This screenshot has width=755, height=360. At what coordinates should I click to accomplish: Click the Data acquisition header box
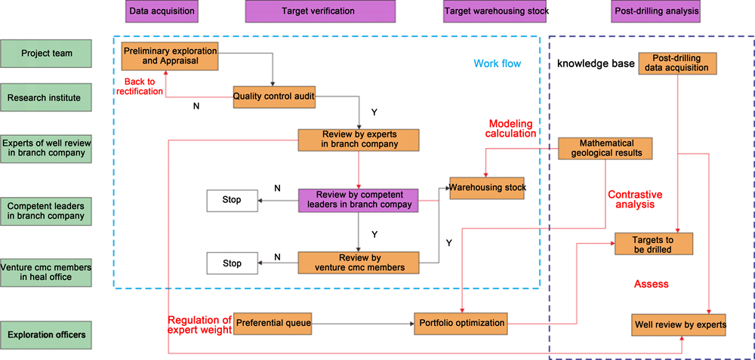tap(162, 11)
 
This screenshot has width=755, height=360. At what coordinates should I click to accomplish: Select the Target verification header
tap(320, 11)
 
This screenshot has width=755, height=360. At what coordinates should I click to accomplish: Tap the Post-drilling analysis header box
tap(655, 11)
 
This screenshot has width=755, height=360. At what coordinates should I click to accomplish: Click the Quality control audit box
tap(273, 97)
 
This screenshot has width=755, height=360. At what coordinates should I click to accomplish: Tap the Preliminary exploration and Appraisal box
tap(170, 57)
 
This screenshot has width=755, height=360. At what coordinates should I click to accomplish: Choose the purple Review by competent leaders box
tap(358, 200)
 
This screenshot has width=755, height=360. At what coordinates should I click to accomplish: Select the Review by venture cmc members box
tap(358, 263)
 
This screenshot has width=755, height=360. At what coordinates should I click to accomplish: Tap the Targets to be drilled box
tap(653, 244)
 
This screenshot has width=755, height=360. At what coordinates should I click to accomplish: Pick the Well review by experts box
tap(679, 325)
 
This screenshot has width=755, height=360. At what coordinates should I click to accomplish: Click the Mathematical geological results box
tap(606, 149)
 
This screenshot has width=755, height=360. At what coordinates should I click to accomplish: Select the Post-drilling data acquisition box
tap(676, 63)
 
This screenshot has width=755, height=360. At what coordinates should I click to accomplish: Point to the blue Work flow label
tap(497, 63)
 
